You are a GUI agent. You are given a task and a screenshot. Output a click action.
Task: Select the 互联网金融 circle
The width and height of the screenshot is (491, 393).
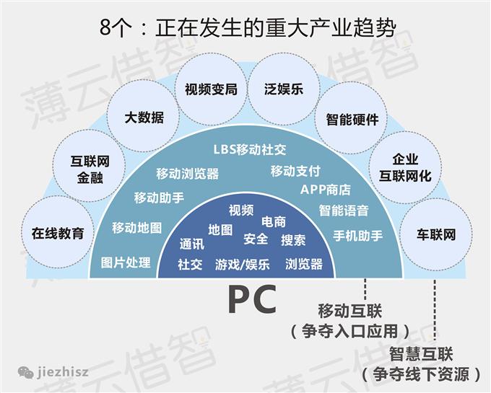click(x=88, y=168)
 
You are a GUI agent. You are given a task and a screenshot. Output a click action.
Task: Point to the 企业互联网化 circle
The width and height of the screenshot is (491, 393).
click(x=405, y=168)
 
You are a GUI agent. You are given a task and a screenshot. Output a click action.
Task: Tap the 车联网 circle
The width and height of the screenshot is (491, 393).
click(x=436, y=235)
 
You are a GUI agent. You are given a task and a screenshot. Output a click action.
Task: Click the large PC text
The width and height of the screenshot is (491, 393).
click(x=252, y=300)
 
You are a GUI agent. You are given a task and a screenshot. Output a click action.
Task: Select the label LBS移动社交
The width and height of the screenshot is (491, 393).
click(x=250, y=150)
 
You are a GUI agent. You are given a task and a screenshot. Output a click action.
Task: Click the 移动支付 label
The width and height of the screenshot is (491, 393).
click(x=295, y=172)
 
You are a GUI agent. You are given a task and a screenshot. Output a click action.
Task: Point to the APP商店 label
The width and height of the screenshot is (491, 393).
click(x=325, y=190)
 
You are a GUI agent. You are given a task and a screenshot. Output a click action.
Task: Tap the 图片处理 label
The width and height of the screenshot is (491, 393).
click(x=126, y=262)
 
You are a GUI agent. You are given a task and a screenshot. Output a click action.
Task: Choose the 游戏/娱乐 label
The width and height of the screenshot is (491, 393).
click(x=242, y=265)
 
